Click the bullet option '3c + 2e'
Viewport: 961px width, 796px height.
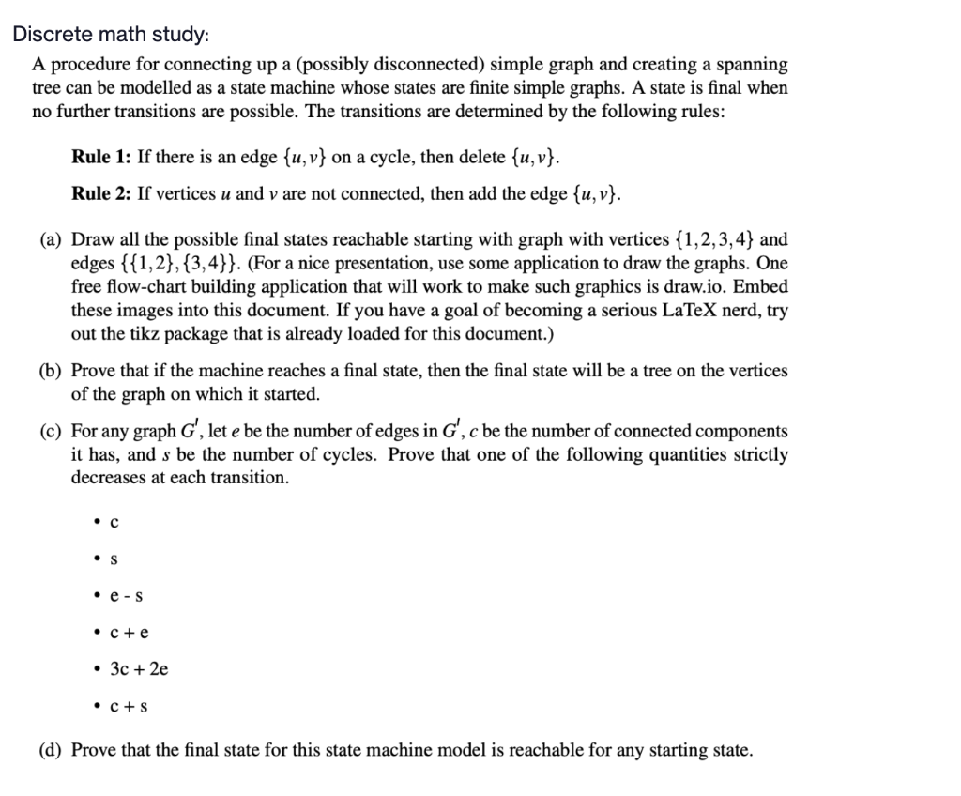tap(139, 669)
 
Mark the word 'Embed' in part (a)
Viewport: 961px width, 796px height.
tap(764, 286)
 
